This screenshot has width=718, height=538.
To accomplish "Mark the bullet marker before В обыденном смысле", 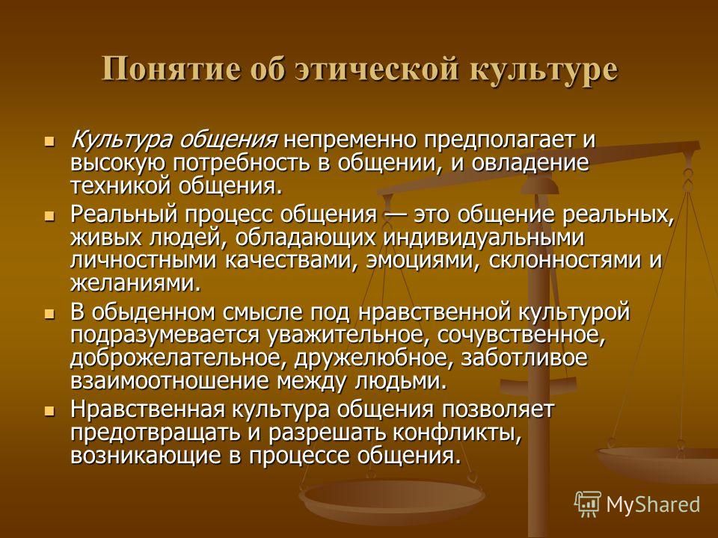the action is [49, 313].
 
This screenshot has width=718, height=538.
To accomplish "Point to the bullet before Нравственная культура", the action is [49, 410].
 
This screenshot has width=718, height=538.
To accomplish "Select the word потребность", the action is [242, 164].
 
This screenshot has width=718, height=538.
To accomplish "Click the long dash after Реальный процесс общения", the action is [395, 215].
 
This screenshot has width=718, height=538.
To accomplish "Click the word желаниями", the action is [135, 285].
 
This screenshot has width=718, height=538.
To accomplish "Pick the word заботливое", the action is [524, 359].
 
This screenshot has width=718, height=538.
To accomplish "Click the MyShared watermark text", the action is [653, 505].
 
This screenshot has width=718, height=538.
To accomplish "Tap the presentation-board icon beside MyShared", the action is [588, 504].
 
